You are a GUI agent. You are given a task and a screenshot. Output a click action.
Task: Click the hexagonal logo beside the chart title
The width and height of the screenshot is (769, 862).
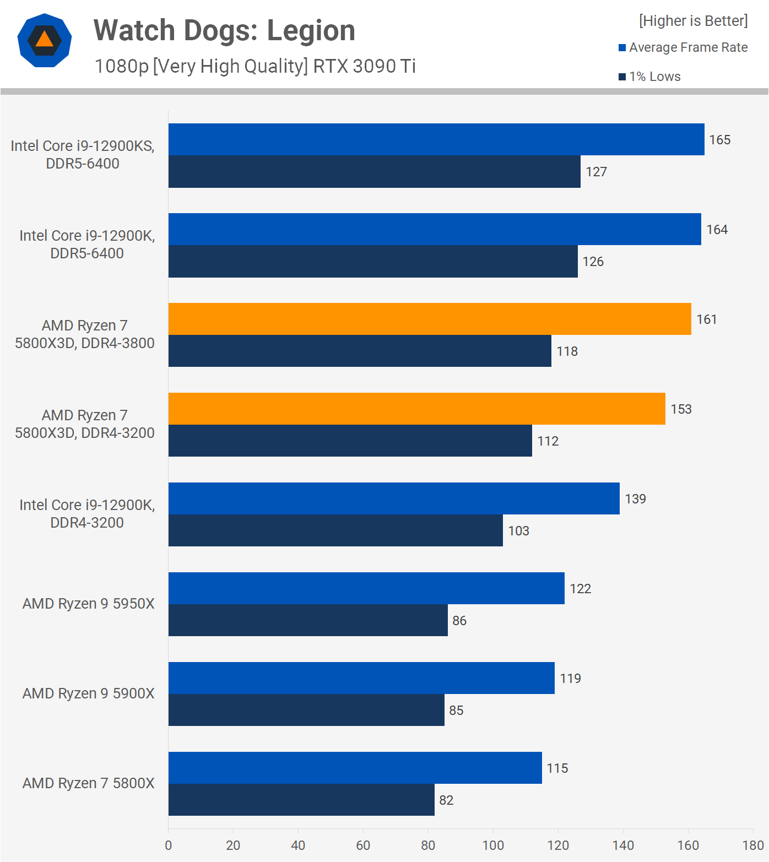pos(45,40)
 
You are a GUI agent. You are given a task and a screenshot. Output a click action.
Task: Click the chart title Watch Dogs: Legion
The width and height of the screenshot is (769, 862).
pos(224,30)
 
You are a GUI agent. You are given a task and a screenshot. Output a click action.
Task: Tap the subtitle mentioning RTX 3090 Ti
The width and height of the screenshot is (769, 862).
pos(255,66)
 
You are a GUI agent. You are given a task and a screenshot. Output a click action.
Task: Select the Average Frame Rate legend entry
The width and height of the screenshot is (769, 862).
pos(683,47)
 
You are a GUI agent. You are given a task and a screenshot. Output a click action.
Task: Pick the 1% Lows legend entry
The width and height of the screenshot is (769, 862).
pos(650,77)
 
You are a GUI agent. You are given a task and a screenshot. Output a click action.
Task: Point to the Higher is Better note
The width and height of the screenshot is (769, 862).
pos(693,21)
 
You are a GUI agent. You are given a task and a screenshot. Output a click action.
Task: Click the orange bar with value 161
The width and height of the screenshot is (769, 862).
pos(430,319)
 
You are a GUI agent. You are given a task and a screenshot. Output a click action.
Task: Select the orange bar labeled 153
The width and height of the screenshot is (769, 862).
pos(416,409)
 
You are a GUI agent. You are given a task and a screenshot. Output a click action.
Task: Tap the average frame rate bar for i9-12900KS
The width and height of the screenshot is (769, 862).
pos(436,139)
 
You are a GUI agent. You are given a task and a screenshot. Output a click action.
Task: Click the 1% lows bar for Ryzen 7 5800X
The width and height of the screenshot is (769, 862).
pos(301,800)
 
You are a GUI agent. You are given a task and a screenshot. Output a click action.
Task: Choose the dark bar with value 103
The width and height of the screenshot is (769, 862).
pos(335,530)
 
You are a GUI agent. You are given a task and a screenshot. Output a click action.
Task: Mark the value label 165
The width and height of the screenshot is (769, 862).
pos(719,140)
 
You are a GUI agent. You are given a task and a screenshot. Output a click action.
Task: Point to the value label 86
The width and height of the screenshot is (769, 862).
pos(459,621)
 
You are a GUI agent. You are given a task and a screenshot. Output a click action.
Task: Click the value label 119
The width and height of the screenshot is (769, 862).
pos(570,679)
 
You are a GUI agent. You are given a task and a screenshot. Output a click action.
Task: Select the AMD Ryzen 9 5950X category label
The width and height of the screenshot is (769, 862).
pos(88,604)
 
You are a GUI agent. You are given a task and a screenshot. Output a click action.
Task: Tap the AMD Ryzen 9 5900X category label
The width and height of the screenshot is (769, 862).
pos(88,693)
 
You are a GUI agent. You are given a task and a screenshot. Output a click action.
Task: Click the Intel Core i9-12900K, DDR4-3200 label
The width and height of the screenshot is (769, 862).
pos(87,513)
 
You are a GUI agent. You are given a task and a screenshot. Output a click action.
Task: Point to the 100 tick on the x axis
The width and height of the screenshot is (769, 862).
pos(493,845)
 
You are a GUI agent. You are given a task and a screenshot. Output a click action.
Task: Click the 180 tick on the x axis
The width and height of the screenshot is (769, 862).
pos(753,845)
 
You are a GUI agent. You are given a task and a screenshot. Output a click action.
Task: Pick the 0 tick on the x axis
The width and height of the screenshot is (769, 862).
pos(169,845)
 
